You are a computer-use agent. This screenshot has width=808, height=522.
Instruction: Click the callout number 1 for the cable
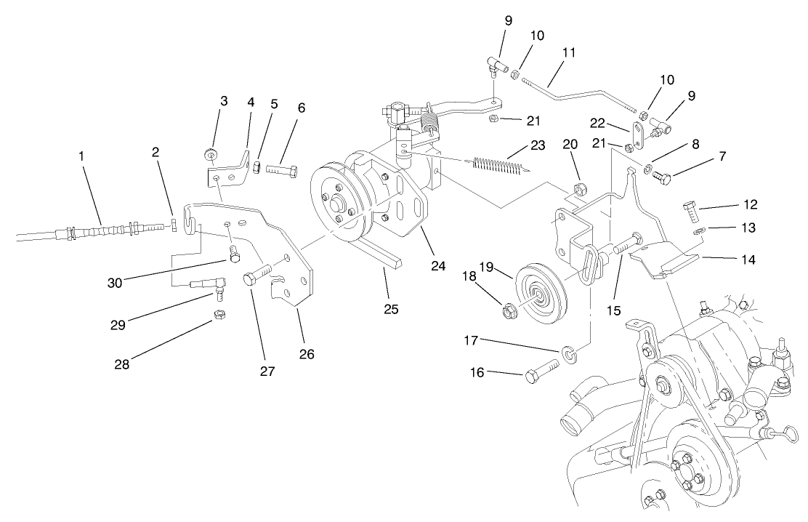pos(82,156)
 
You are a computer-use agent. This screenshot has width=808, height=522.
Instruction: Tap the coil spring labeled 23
pos(499,165)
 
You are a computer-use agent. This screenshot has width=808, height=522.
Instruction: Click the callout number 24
pos(437,266)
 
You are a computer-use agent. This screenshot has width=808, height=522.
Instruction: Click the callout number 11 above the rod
pos(568,53)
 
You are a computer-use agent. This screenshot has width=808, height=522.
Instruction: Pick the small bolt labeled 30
pos(233,254)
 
